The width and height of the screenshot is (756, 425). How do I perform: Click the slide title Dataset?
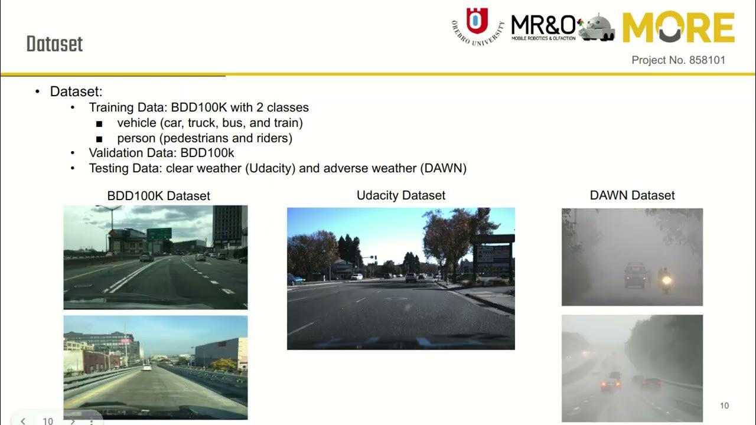54,44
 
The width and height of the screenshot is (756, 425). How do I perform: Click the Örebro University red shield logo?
477,21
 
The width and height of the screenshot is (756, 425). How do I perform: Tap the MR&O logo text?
543,25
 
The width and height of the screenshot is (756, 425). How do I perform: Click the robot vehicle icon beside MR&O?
597,27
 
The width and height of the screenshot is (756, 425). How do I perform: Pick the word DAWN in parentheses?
443,168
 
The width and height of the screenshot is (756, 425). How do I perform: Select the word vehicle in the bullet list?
136,123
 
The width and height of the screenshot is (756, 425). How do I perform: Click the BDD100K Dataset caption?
158,196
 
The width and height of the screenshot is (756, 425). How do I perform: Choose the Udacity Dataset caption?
401,195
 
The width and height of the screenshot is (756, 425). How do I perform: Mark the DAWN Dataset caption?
632,195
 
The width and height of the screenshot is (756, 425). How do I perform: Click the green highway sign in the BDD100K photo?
159,234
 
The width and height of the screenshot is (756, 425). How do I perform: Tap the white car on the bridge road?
146,367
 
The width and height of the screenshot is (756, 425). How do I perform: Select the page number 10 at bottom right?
725,406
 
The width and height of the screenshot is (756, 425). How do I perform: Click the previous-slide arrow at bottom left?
23,421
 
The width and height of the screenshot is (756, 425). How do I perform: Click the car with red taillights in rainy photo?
611,383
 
